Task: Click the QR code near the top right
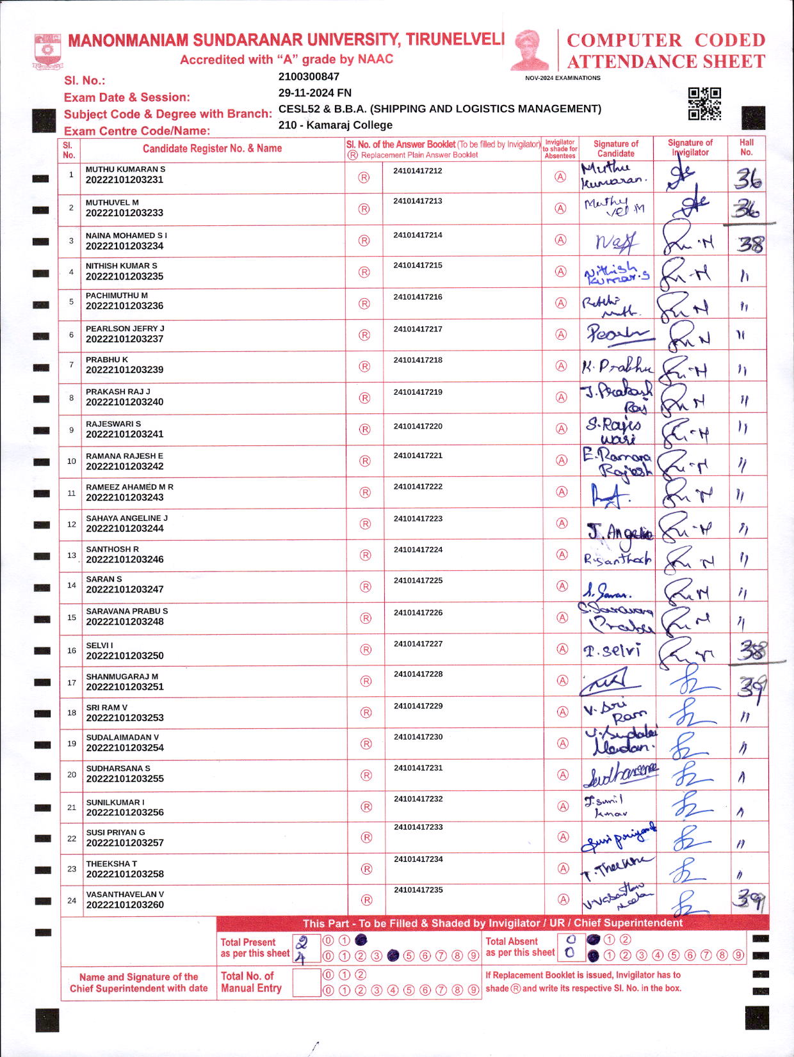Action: [x=704, y=104]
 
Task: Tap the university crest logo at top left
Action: [x=47, y=52]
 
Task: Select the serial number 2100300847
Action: [x=309, y=77]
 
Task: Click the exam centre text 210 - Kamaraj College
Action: [x=335, y=125]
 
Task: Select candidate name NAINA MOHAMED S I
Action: [x=126, y=235]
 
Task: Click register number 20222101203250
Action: [x=125, y=656]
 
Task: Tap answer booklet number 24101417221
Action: [x=417, y=456]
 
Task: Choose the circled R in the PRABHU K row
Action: [x=364, y=367]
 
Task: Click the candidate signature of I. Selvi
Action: [x=612, y=651]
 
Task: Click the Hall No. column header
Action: [x=746, y=148]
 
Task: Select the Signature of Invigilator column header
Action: [x=690, y=148]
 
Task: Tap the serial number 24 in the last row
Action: [x=72, y=900]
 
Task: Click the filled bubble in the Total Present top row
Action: [x=361, y=940]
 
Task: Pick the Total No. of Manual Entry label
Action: [x=251, y=982]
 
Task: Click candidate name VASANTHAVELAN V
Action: [x=125, y=894]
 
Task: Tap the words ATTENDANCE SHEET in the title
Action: [x=666, y=62]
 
